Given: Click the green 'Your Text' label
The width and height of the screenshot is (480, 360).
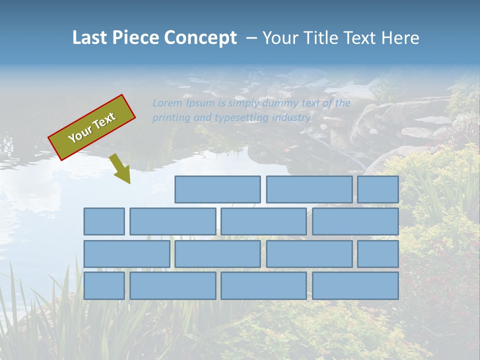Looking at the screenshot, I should [91, 127].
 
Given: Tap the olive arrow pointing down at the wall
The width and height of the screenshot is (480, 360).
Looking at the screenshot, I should [120, 169].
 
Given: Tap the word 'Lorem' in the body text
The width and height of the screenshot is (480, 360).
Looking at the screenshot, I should [167, 103].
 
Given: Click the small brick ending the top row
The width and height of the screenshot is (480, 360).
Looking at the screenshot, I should [378, 189].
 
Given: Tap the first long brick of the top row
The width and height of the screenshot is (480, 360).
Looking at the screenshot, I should [217, 189].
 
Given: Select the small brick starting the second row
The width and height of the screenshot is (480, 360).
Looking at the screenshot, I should [104, 221].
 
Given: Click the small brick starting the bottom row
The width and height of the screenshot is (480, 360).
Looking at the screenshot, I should [104, 285].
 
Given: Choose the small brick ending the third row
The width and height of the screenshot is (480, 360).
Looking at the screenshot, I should [378, 253].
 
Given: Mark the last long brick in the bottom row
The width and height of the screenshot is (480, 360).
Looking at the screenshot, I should [355, 285].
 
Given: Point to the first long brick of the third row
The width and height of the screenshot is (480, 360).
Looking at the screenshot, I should [126, 253].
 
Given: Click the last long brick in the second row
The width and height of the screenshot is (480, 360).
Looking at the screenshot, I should [355, 221].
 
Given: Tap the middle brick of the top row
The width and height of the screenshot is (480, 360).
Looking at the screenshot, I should [309, 189].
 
